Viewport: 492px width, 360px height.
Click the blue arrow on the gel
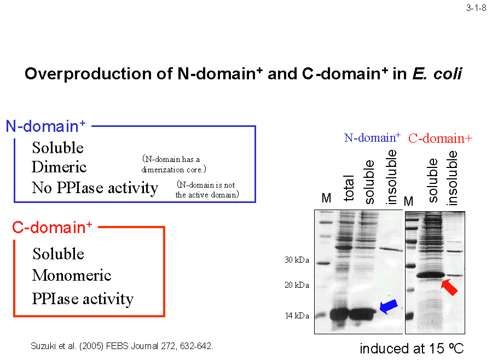pyautogui.click(x=389, y=306)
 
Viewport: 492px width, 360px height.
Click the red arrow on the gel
pyautogui.click(x=449, y=287)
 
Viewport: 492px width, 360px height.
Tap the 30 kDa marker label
pyautogui.click(x=297, y=260)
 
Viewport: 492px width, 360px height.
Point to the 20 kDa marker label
pyautogui.click(x=297, y=285)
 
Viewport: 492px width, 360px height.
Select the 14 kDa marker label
pyautogui.click(x=297, y=316)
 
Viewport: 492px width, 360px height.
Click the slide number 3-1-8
pyautogui.click(x=476, y=8)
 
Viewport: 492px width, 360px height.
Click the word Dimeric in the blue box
pyautogui.click(x=59, y=167)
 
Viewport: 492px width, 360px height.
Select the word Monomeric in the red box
pyautogui.click(x=72, y=275)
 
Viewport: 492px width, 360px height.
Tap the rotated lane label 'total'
pyautogui.click(x=349, y=188)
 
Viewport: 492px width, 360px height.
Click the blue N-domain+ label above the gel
pyautogui.click(x=372, y=138)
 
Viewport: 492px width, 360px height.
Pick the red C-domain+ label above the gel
pyautogui.click(x=440, y=138)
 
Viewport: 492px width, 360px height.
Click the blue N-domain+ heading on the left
pyautogui.click(x=45, y=126)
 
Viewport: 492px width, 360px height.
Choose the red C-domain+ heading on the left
pyautogui.click(x=52, y=227)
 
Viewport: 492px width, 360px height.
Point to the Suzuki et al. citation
pyautogui.click(x=121, y=346)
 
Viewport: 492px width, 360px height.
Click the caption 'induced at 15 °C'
pyautogui.click(x=412, y=349)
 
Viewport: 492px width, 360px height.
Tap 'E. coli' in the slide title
pyautogui.click(x=437, y=74)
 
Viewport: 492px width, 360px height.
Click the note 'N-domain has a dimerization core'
pyautogui.click(x=173, y=164)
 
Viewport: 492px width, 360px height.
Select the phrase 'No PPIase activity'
pyautogui.click(x=95, y=188)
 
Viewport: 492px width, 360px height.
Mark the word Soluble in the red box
pyautogui.click(x=59, y=254)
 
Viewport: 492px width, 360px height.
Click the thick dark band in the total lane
pyautogui.click(x=339, y=313)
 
